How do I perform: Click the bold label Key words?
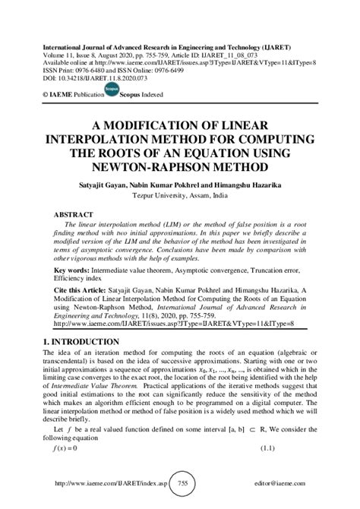(x=66, y=270)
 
